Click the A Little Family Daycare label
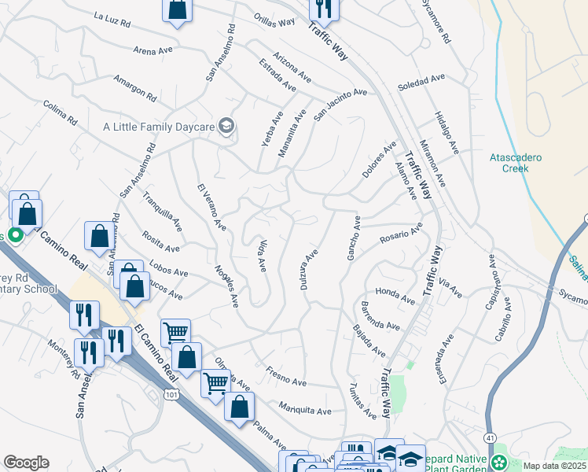pos(160,126)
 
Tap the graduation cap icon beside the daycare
pos(226,124)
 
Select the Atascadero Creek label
pos(515,163)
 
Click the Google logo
pos(25,463)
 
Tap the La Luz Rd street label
pos(112,17)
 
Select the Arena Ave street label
pos(153,50)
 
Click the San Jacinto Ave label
pos(340,105)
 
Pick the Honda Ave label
pos(395,294)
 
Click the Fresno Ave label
pos(285,376)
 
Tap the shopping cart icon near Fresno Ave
pos(215,382)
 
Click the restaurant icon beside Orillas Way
pos(324,7)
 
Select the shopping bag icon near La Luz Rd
pos(178,9)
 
